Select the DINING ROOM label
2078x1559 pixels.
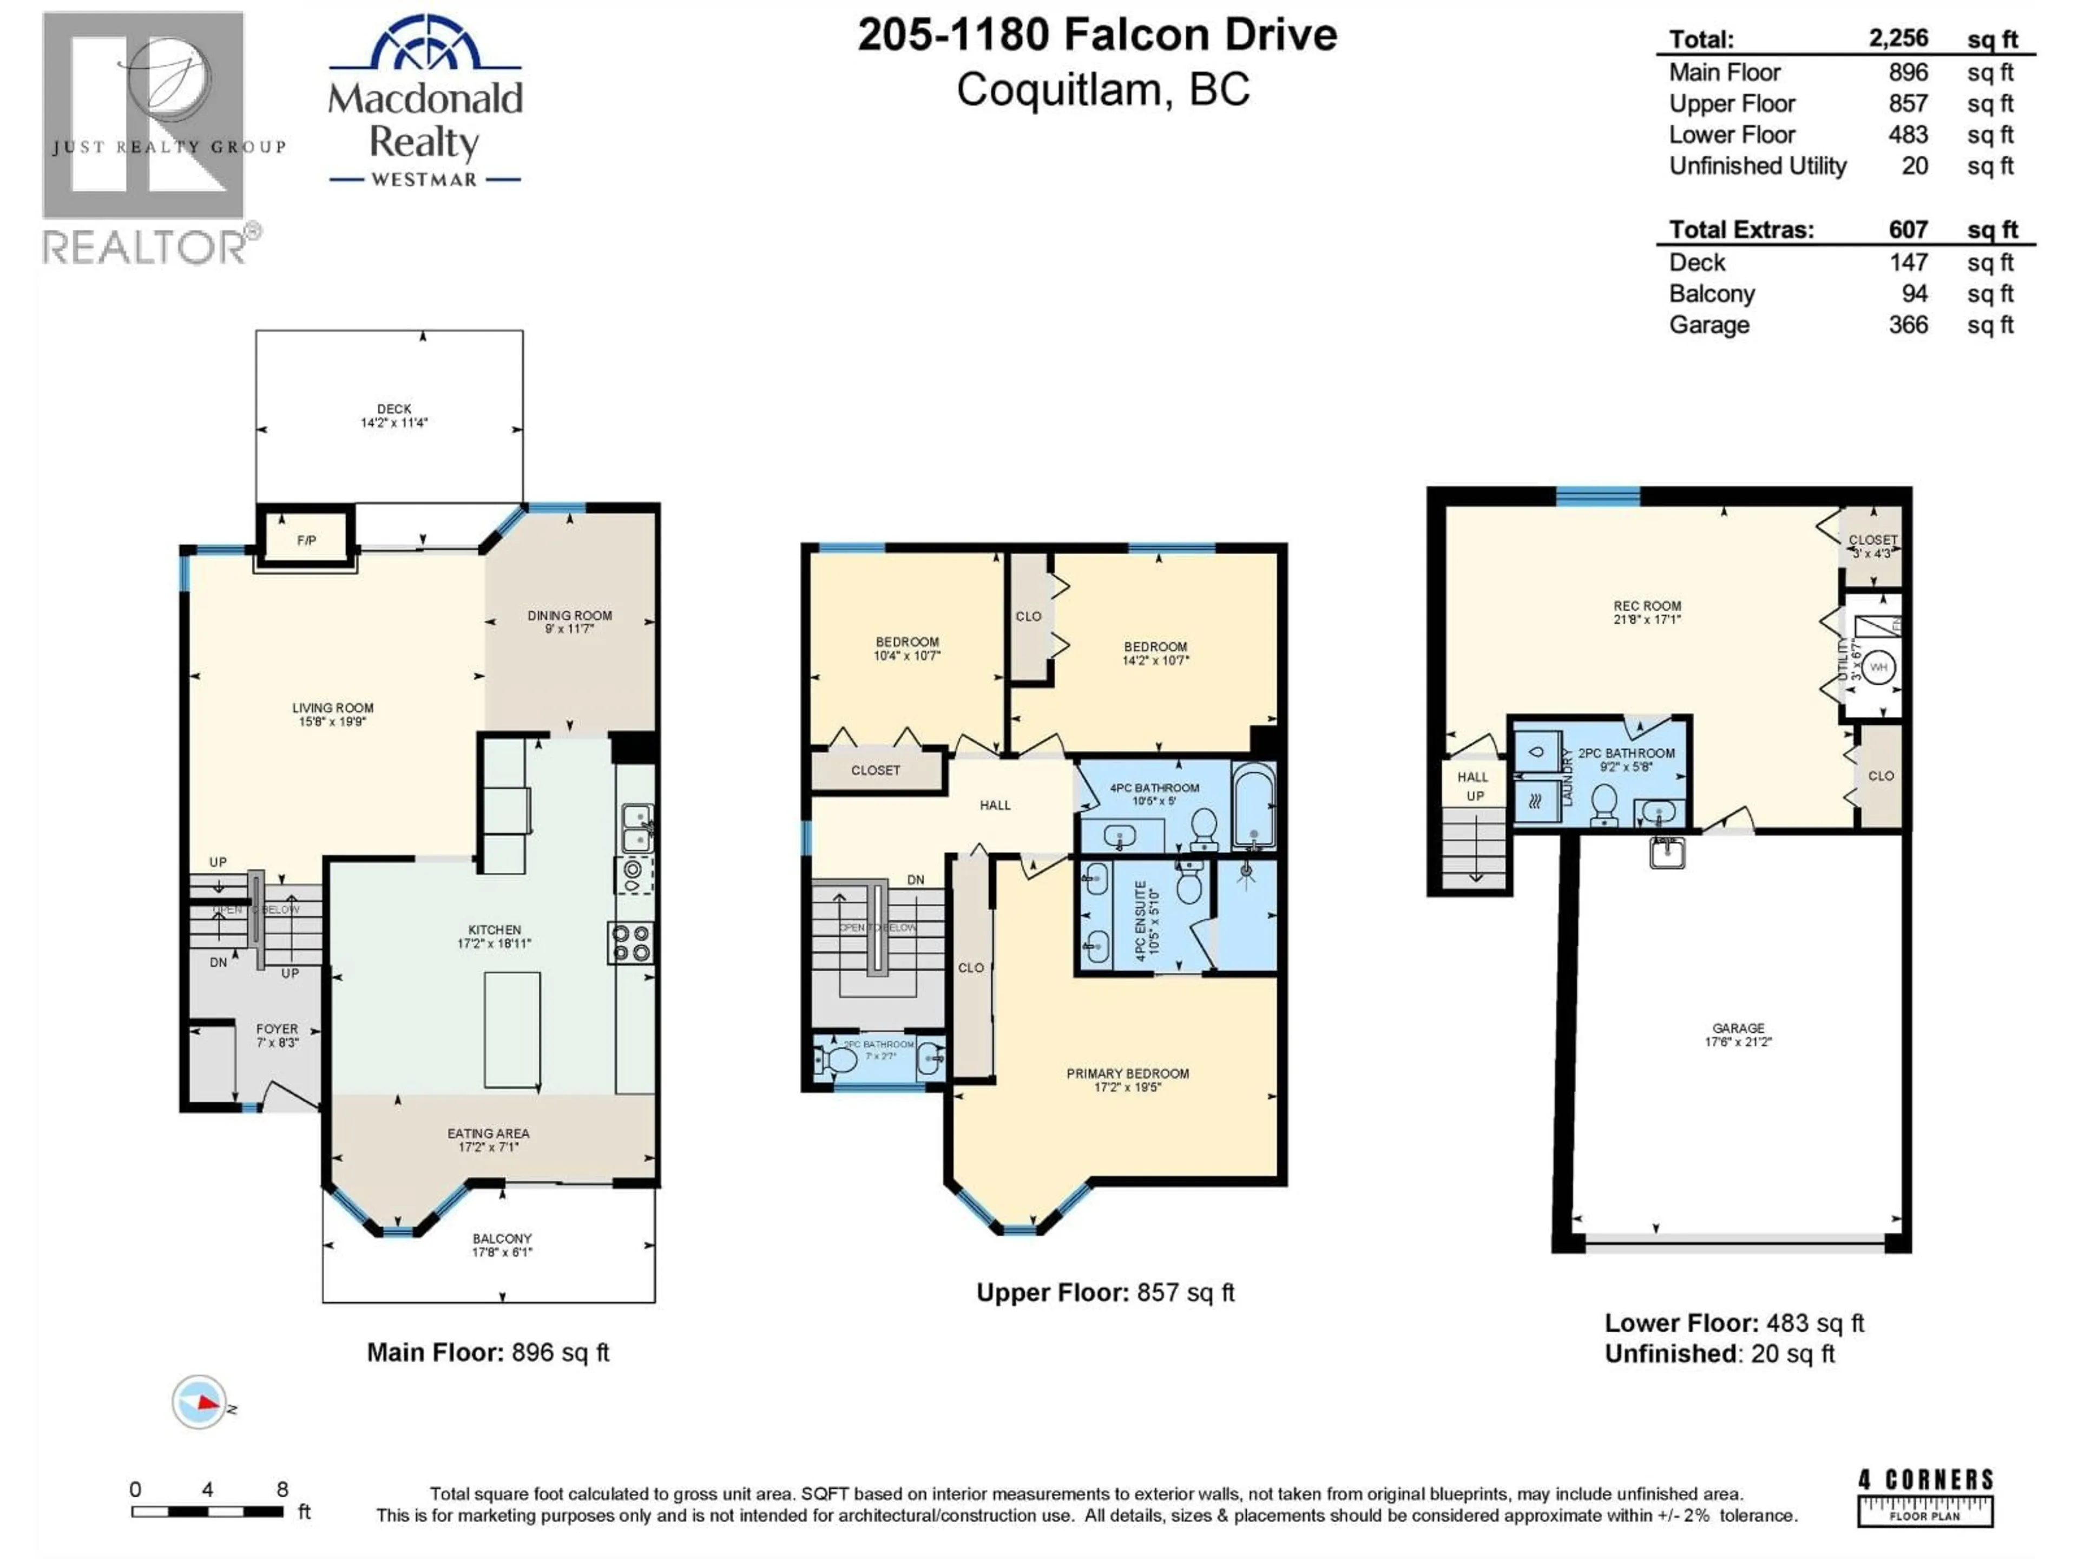(569, 621)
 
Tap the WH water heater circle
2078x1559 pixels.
(1878, 667)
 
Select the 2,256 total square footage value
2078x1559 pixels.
(1898, 38)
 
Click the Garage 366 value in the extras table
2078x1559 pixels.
(1908, 325)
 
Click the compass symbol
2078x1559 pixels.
(199, 1402)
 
